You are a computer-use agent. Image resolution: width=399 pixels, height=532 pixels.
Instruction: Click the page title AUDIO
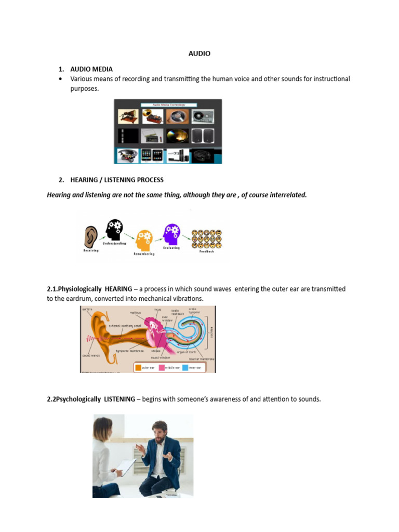tap(199, 54)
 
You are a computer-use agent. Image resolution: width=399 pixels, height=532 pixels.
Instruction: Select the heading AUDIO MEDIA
tap(91, 69)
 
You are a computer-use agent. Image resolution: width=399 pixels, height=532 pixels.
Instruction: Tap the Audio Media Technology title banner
tap(168, 104)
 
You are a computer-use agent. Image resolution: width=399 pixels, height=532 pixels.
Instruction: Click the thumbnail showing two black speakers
tap(202, 136)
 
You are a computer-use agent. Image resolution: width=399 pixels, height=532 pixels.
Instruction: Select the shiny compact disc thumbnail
tap(177, 136)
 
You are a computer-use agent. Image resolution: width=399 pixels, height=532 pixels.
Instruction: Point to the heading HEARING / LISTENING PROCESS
tap(117, 180)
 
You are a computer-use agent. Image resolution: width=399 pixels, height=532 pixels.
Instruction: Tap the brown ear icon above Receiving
tap(91, 236)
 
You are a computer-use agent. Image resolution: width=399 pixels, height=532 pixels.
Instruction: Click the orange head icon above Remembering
tap(144, 240)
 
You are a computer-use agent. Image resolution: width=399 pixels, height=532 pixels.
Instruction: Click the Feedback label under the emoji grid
tap(206, 251)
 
